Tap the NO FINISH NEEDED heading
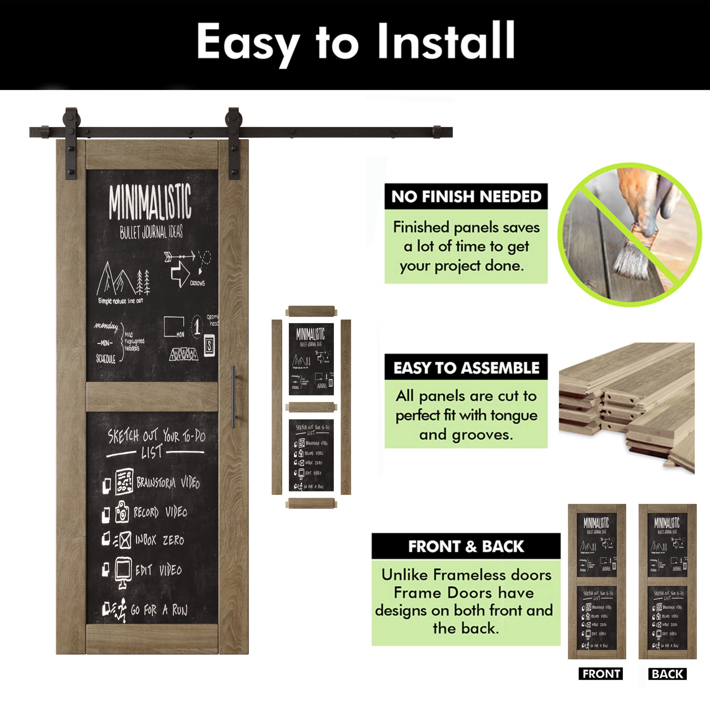(466, 197)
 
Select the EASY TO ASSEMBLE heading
(466, 367)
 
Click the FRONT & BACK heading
(466, 546)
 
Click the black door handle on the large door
(233, 397)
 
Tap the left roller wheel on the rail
(70, 118)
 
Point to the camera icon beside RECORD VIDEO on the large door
(122, 512)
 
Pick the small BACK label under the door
(667, 674)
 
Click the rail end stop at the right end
(437, 132)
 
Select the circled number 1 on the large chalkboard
(197, 326)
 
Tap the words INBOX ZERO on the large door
(159, 540)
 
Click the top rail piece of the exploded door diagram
(311, 311)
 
